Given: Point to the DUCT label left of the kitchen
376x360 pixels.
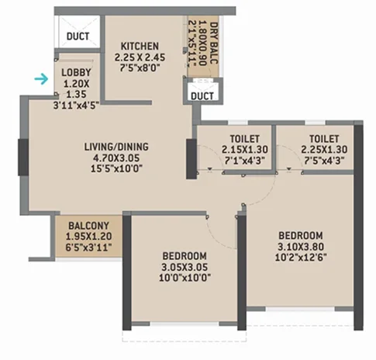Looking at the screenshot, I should (78, 36).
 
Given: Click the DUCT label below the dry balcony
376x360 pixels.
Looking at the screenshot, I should (202, 95).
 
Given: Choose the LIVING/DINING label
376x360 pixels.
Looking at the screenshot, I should (116, 147).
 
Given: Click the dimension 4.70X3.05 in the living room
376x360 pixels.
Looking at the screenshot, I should (116, 157).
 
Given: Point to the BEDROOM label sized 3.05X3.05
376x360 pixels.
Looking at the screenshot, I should (185, 257).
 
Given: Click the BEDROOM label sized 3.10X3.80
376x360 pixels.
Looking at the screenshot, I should (300, 235).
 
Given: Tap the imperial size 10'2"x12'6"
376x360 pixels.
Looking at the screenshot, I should (300, 257).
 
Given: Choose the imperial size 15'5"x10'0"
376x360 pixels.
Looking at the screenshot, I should (116, 168).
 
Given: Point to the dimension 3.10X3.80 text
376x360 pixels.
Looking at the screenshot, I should (300, 246).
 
